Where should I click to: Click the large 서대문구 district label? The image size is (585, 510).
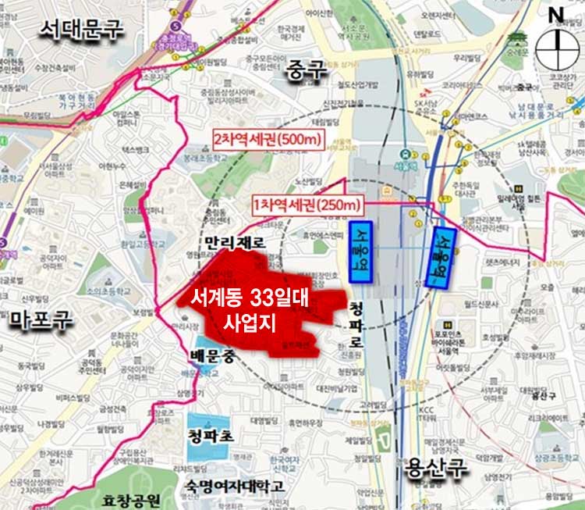pyautogui.click(x=81, y=30)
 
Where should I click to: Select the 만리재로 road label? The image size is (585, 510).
pyautogui.click(x=232, y=243)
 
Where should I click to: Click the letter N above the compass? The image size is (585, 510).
pyautogui.click(x=556, y=14)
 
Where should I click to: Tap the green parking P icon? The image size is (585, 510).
pyautogui.click(x=381, y=439)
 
